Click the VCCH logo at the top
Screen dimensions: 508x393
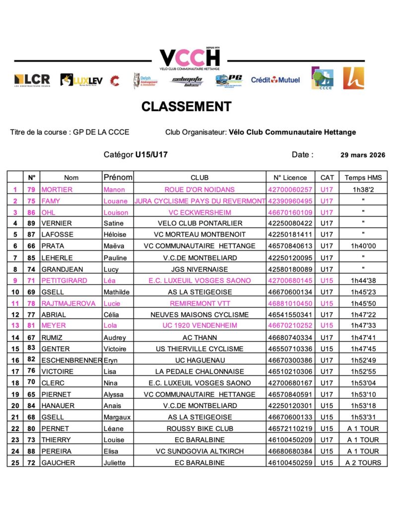pos(189,59)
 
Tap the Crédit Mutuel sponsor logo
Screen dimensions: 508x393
pos(275,80)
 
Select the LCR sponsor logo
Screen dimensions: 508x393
pos(32,80)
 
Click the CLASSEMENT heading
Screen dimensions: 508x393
pos(186,107)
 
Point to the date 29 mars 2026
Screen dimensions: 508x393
pos(363,155)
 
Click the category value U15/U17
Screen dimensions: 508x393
pos(151,155)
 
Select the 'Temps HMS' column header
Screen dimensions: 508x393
pos(363,178)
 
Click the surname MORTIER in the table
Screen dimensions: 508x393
pos(57,190)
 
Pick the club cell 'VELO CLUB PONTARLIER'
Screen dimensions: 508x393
pos(199,223)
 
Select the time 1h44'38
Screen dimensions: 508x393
pos(363,280)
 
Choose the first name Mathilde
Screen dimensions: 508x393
pos(116,292)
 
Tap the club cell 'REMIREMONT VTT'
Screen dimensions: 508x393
pos(199,303)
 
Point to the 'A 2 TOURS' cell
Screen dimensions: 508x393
pos(363,463)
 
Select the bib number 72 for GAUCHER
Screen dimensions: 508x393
pos(31,463)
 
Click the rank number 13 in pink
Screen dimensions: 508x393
pos(15,325)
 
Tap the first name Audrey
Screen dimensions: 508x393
pos(114,337)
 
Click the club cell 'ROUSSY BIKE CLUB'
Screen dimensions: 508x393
pos(199,429)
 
